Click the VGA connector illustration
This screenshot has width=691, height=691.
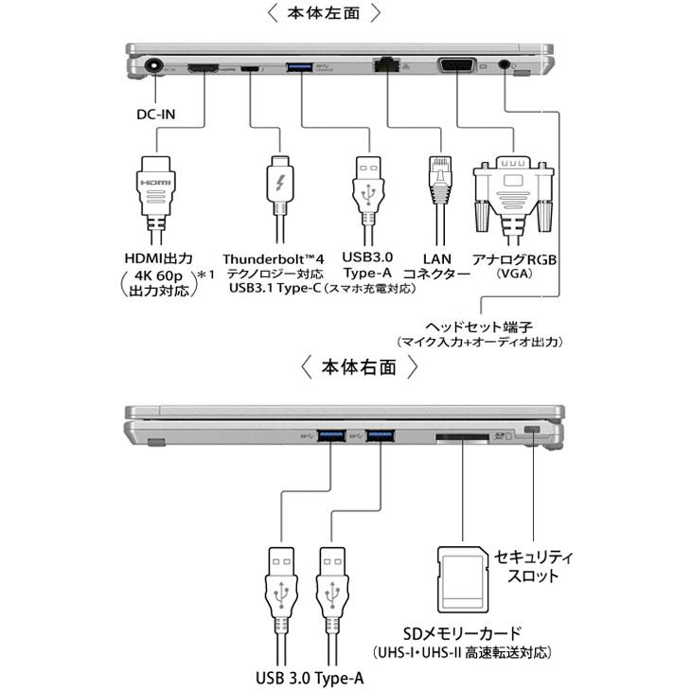[512, 188]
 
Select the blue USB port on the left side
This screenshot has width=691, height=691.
[300, 67]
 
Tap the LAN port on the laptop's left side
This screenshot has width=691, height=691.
[387, 66]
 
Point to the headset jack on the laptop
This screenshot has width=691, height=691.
[505, 67]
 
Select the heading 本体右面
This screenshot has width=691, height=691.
[359, 367]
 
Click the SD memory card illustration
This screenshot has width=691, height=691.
[463, 579]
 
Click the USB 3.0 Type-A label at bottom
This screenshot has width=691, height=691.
[310, 678]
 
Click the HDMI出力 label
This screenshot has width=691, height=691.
[158, 257]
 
